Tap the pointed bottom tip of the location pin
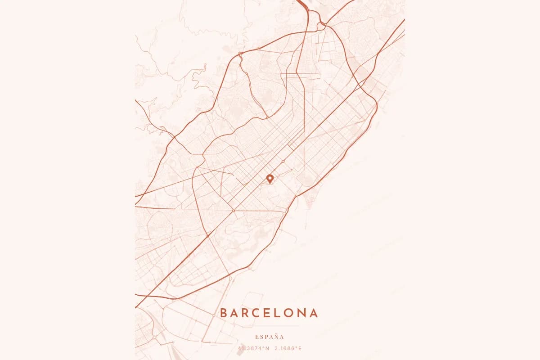(270, 184)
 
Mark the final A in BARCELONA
(314, 313)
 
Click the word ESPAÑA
(270, 337)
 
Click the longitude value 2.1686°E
(288, 348)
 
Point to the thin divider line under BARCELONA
(270, 325)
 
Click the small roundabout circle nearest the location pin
(283, 161)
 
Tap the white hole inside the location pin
(270, 178)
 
